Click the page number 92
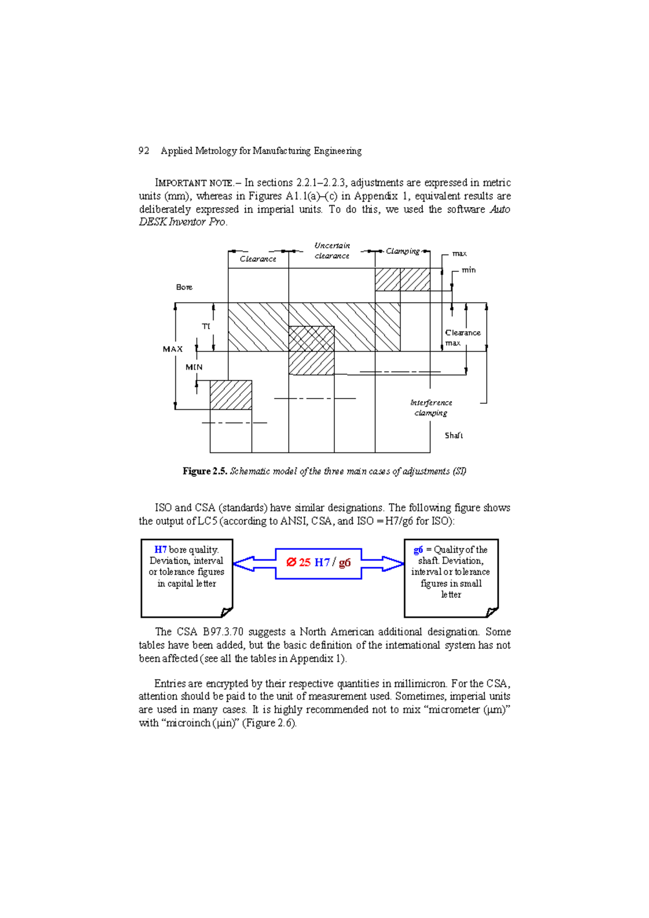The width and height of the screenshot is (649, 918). pyautogui.click(x=144, y=151)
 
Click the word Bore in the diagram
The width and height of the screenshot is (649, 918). pyautogui.click(x=184, y=287)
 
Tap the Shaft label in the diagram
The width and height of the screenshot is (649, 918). pyautogui.click(x=454, y=435)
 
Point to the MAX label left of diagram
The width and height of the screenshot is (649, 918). pyautogui.click(x=173, y=349)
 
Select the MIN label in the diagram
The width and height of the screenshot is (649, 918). pyautogui.click(x=194, y=367)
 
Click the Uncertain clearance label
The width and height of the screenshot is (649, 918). pyautogui.click(x=332, y=250)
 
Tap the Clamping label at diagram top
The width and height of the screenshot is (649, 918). pyautogui.click(x=402, y=251)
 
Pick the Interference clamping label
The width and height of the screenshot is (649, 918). pyautogui.click(x=431, y=408)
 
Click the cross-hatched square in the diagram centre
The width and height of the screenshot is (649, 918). pyautogui.click(x=311, y=339)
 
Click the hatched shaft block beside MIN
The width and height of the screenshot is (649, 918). pyautogui.click(x=231, y=395)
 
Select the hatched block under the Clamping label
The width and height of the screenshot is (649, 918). pyautogui.click(x=402, y=280)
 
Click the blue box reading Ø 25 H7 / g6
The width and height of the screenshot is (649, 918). pyautogui.click(x=319, y=563)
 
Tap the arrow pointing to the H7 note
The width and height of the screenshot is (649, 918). pyautogui.click(x=253, y=563)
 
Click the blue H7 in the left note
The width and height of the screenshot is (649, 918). pyautogui.click(x=161, y=550)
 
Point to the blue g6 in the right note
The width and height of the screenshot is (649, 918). pyautogui.click(x=418, y=550)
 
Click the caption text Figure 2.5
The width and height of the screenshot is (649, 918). pyautogui.click(x=204, y=471)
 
